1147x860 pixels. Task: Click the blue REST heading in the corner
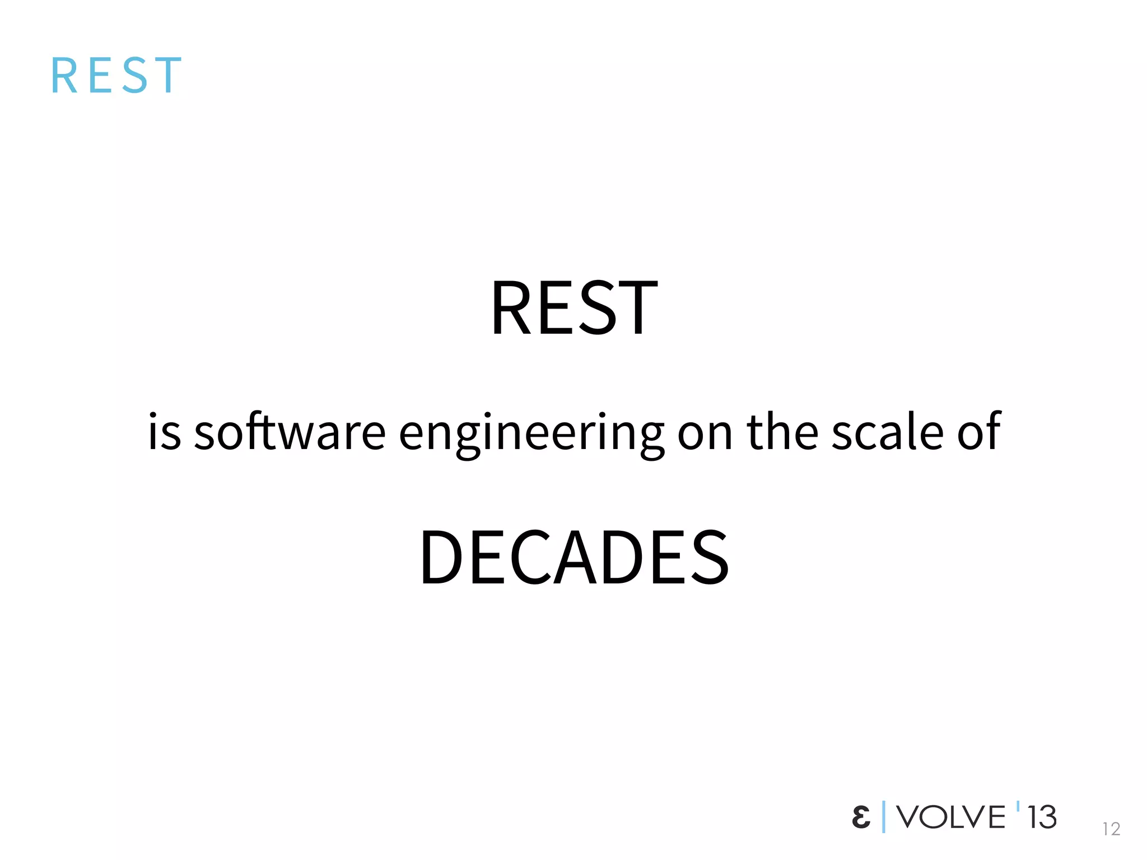(x=116, y=75)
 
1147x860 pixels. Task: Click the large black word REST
(x=574, y=309)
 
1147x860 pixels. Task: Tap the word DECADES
(x=574, y=558)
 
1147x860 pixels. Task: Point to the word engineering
(x=531, y=434)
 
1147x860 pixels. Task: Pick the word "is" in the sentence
(x=164, y=432)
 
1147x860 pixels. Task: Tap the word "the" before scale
(x=782, y=432)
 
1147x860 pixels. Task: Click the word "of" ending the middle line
(x=978, y=431)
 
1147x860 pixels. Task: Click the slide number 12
(x=1111, y=829)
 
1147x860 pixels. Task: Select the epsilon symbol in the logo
(x=861, y=817)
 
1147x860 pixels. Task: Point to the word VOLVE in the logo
(x=951, y=817)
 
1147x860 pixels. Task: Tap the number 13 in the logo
(x=1042, y=817)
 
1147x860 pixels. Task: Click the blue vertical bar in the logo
(x=884, y=817)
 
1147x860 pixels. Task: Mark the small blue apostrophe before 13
(x=1018, y=807)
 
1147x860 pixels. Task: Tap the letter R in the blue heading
(x=64, y=75)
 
